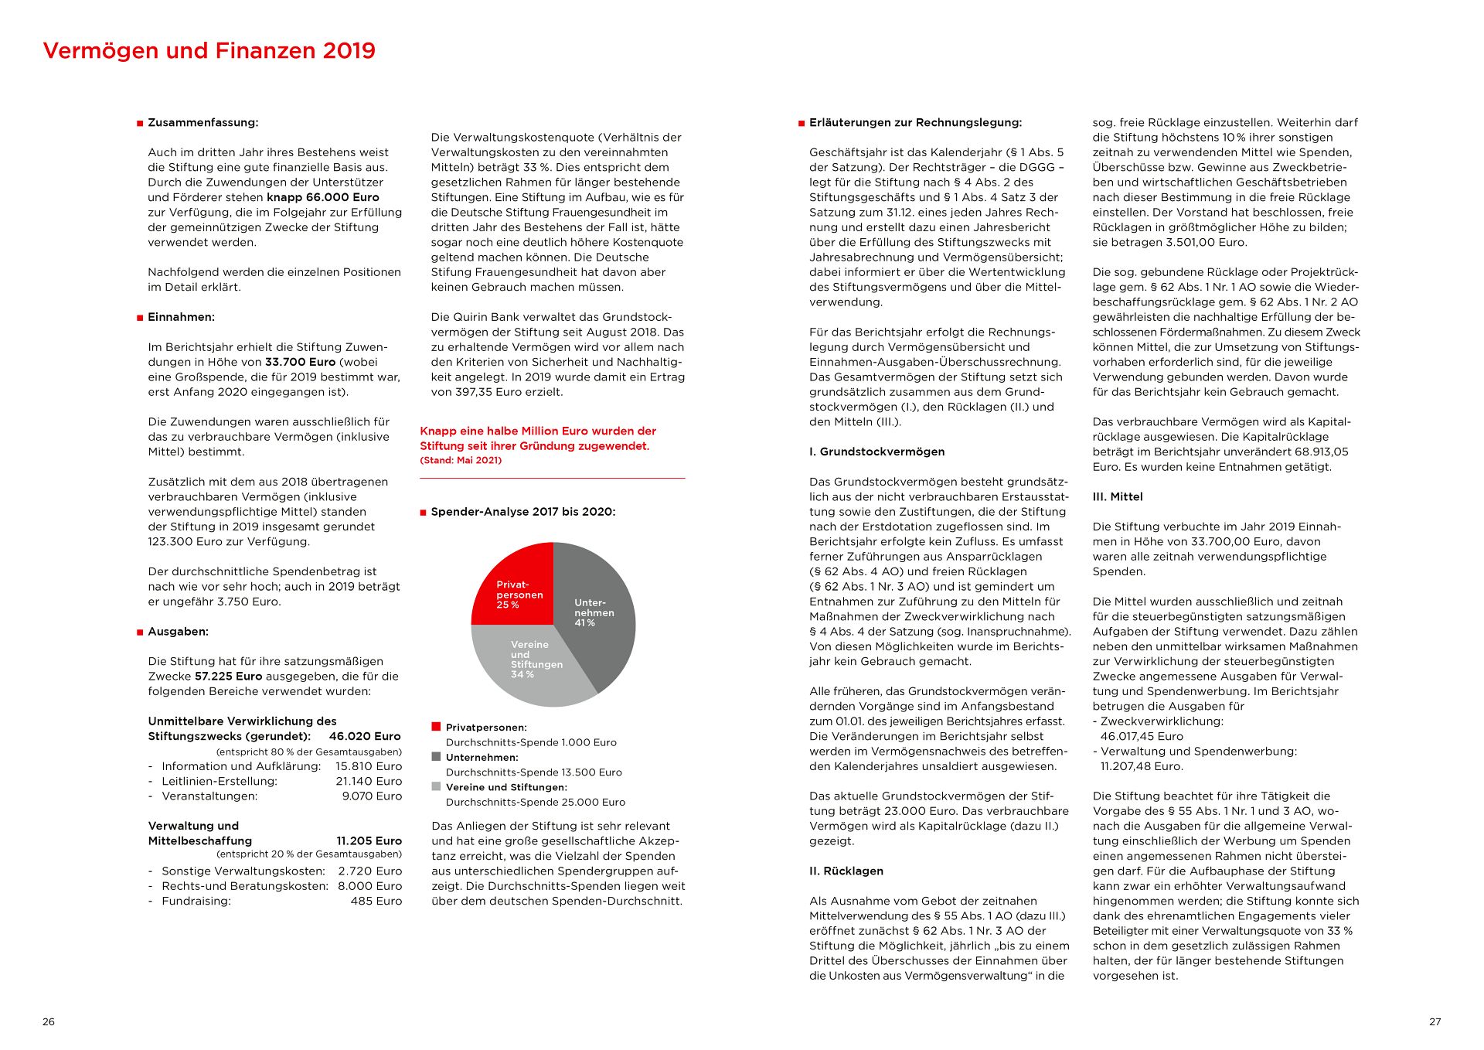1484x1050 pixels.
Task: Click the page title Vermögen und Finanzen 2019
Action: (209, 51)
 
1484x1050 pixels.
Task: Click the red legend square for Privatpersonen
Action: (436, 727)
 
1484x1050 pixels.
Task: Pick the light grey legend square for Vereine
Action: (436, 786)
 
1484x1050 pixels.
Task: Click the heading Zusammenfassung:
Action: (203, 123)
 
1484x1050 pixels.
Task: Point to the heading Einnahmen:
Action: (181, 317)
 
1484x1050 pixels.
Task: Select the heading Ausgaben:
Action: (178, 632)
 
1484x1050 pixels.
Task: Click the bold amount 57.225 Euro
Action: (228, 677)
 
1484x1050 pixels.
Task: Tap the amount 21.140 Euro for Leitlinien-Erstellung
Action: (369, 782)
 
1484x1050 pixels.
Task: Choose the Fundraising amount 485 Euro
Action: (376, 902)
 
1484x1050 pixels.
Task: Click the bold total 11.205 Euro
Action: (369, 841)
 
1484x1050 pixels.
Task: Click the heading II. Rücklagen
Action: (846, 871)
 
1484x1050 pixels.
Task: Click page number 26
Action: (49, 1022)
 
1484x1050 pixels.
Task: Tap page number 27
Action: (1435, 1022)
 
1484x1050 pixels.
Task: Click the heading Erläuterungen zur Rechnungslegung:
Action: (915, 123)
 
